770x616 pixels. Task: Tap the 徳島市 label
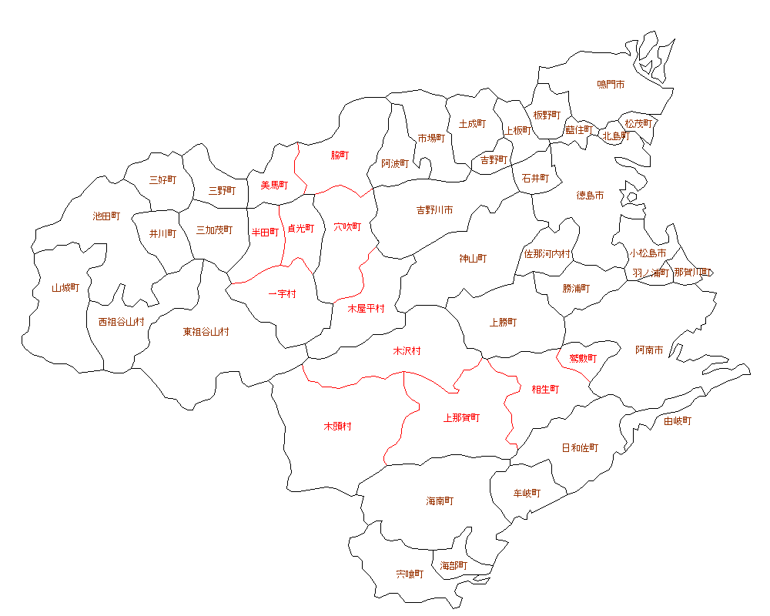click(590, 196)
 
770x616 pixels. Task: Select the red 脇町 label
click(340, 156)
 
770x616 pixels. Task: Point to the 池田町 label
click(106, 216)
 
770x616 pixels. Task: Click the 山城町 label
click(65, 288)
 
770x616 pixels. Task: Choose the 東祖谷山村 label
click(206, 332)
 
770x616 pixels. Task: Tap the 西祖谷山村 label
click(121, 321)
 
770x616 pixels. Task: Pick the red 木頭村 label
click(337, 426)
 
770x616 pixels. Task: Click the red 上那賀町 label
click(461, 418)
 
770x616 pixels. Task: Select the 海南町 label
click(440, 501)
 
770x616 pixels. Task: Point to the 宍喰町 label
click(410, 574)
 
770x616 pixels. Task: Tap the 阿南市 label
click(649, 350)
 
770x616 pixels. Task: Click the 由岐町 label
click(678, 421)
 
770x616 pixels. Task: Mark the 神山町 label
click(473, 259)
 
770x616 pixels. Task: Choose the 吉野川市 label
click(434, 209)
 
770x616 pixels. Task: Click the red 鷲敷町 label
click(582, 358)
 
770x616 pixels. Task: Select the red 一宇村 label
click(282, 294)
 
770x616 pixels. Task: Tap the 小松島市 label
click(647, 253)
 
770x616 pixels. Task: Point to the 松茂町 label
click(638, 123)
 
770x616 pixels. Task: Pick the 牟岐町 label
click(527, 493)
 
